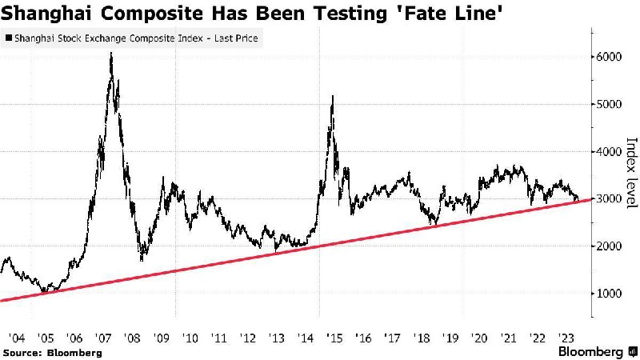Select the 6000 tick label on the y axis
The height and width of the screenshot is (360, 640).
610,57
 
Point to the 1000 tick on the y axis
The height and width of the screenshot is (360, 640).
610,294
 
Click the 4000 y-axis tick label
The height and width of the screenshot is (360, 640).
610,151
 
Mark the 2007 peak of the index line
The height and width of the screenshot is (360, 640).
110,53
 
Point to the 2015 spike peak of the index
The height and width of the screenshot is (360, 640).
332,96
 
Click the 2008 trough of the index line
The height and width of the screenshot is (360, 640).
142,260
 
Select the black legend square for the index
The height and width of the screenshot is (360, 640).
9,38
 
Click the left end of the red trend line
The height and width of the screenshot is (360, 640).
2,300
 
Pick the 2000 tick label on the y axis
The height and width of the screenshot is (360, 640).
610,246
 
